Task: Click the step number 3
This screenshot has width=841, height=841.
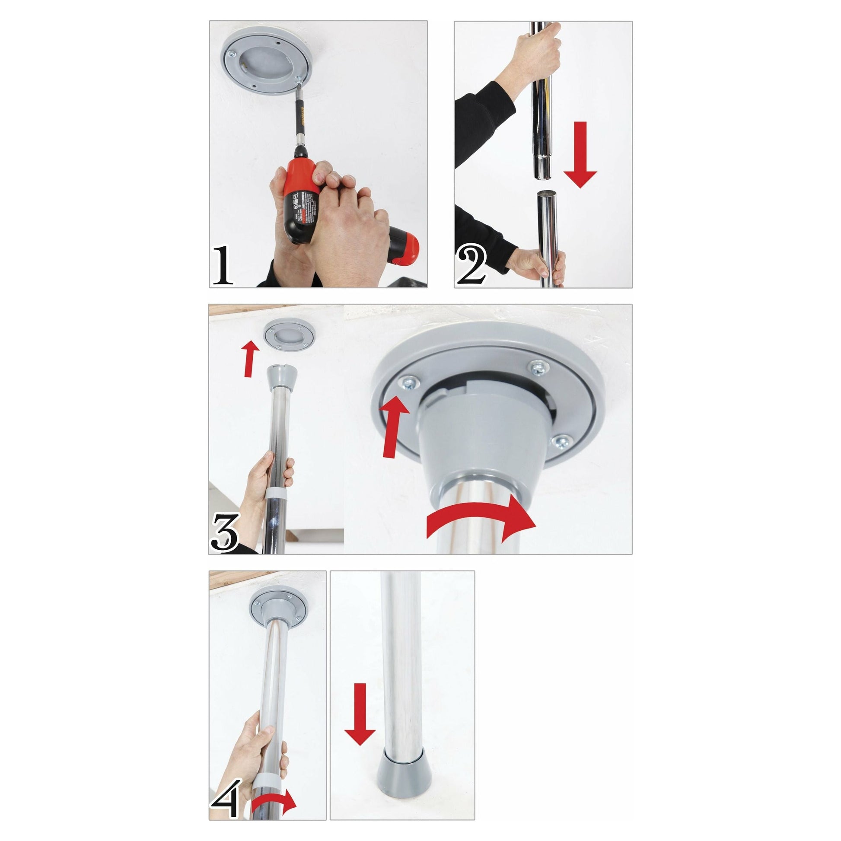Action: (x=225, y=532)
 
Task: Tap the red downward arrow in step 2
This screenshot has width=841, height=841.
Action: (x=580, y=155)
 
